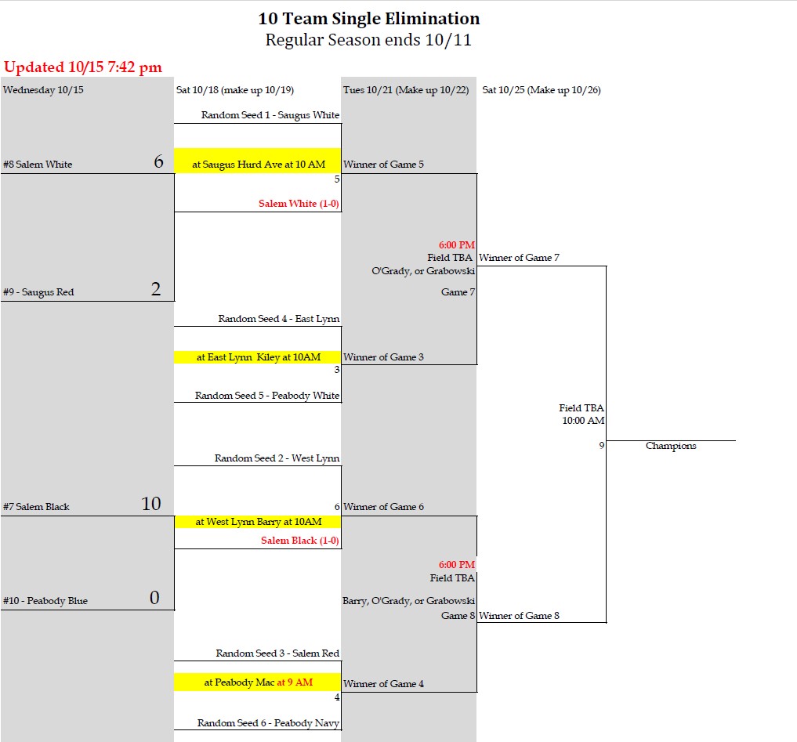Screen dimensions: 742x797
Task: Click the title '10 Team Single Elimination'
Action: (368, 19)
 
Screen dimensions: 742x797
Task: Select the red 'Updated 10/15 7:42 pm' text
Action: (83, 67)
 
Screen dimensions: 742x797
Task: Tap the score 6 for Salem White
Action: (158, 162)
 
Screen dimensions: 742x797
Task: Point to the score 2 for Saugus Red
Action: (156, 290)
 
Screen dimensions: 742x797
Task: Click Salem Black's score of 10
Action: (151, 505)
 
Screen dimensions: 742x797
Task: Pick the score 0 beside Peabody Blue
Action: (154, 599)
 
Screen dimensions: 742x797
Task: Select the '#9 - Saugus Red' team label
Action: (38, 292)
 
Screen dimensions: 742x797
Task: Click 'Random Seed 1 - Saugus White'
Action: (270, 115)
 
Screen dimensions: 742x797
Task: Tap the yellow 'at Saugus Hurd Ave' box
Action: (257, 165)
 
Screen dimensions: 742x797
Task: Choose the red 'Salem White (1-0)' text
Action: (299, 204)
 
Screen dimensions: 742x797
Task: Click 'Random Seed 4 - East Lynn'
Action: (278, 319)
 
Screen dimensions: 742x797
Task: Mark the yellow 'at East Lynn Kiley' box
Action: (257, 357)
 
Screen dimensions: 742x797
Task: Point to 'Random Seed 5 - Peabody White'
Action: (267, 396)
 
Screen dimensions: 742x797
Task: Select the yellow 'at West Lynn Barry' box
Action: (257, 522)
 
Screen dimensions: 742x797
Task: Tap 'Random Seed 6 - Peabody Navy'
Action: (268, 723)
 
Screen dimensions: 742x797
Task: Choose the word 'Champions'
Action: (671, 446)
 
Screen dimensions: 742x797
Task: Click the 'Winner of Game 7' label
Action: (519, 258)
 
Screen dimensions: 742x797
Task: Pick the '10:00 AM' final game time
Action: (583, 421)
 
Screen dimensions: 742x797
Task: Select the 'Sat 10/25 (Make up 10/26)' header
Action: (542, 90)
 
